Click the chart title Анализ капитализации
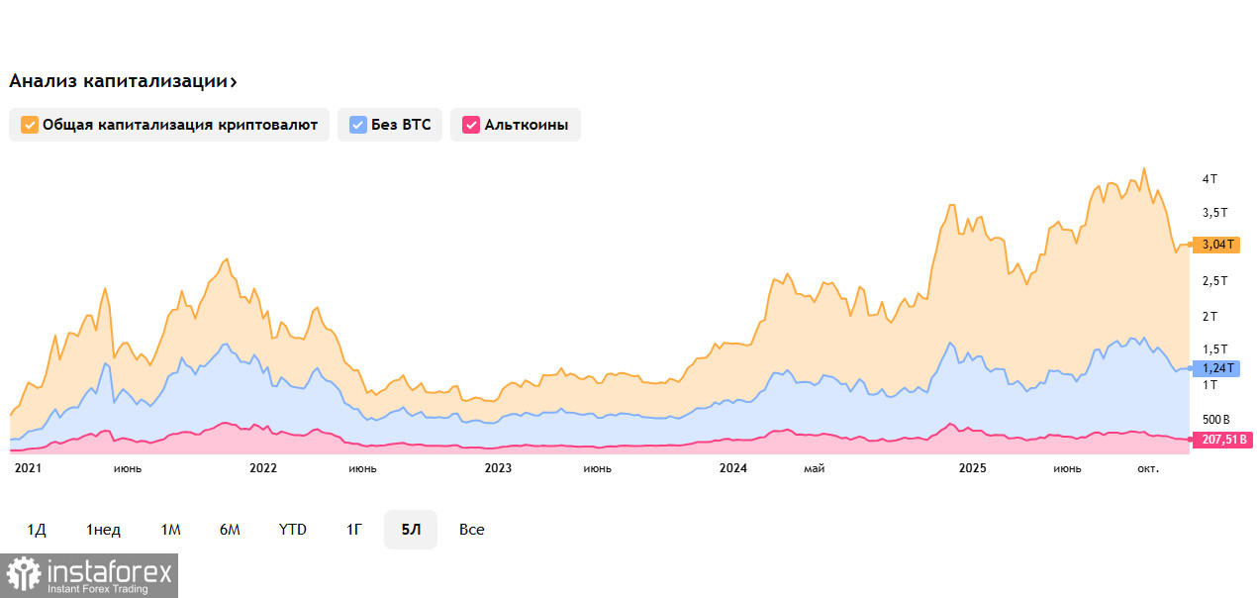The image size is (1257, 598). pos(123,81)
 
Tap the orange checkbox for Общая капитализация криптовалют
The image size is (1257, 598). pos(30,125)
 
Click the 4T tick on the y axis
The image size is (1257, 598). pos(1209,178)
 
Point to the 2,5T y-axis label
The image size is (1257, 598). pos(1214,280)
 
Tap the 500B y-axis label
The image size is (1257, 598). pos(1215,419)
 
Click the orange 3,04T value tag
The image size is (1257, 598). pos(1217,245)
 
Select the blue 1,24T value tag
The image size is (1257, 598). pos(1217,368)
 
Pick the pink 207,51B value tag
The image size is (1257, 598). pos(1221,440)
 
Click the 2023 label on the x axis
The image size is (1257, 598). pos(498,468)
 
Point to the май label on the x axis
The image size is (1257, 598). pos(814,468)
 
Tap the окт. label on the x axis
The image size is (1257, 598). pos(1147,468)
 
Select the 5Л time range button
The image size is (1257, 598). pos(411,530)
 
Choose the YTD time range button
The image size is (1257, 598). pos(292,530)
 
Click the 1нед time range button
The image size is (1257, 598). pos(103,530)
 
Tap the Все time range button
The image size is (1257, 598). pos(472,530)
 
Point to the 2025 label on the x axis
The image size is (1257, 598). pos(975,468)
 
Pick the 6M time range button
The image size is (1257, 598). pos(230,530)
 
